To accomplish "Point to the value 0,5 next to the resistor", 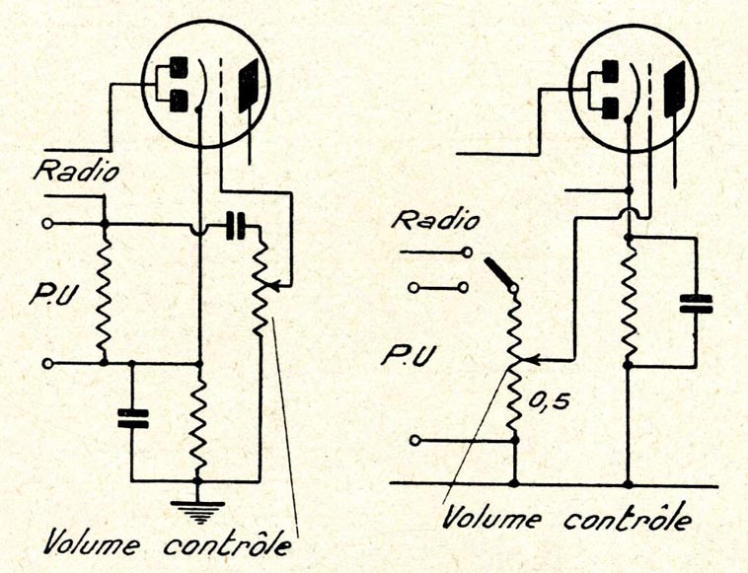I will (549, 402).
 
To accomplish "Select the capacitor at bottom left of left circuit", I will (130, 418).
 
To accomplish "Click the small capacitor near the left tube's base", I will (236, 226).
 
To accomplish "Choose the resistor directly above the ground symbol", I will (198, 427).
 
